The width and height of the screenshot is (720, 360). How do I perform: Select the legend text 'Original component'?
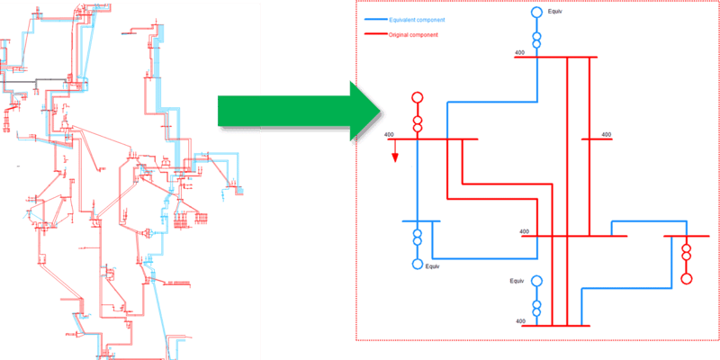tap(414, 35)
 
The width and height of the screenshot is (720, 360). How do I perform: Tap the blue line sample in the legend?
tap(374, 19)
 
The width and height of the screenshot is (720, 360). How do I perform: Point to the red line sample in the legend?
tap(374, 35)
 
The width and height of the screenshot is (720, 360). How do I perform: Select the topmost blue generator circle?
tap(536, 13)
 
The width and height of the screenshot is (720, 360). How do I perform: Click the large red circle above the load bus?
tap(417, 98)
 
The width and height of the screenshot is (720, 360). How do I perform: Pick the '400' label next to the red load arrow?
tap(389, 135)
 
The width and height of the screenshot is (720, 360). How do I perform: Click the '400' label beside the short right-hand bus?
tap(606, 135)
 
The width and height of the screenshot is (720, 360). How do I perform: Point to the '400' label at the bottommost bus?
tap(520, 320)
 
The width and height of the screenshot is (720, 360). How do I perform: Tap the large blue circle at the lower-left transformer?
tap(417, 264)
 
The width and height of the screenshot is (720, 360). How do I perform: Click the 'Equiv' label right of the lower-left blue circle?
tap(433, 266)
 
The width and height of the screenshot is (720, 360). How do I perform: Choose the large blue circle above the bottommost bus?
tap(536, 282)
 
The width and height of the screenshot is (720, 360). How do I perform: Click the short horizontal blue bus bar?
tap(420, 220)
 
